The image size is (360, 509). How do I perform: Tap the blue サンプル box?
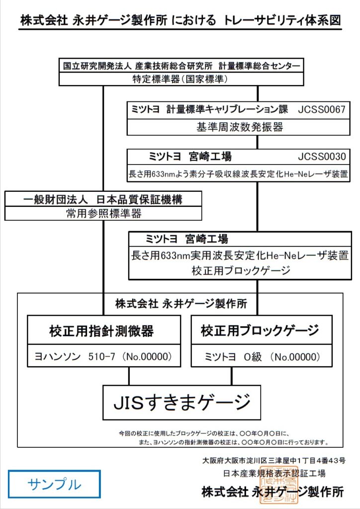click(54, 484)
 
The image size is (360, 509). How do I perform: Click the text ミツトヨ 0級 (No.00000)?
click(262, 356)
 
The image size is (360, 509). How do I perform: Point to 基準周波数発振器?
click(240, 127)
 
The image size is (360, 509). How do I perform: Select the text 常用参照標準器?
click(103, 214)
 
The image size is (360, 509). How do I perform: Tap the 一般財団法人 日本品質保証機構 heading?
click(103, 200)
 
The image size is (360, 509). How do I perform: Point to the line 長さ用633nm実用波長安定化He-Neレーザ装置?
click(239, 256)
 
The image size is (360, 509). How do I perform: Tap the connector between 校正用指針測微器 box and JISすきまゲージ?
click(129, 376)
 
